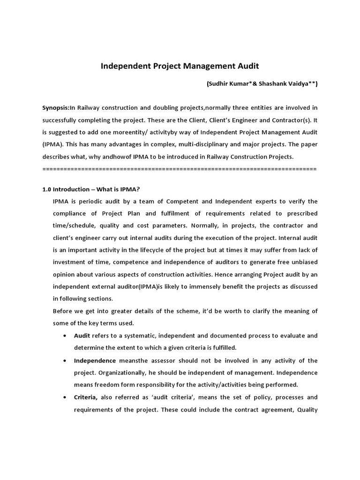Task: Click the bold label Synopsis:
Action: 56,107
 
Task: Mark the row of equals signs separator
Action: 180,168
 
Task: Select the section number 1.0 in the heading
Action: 46,189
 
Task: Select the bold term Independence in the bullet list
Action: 95,360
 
